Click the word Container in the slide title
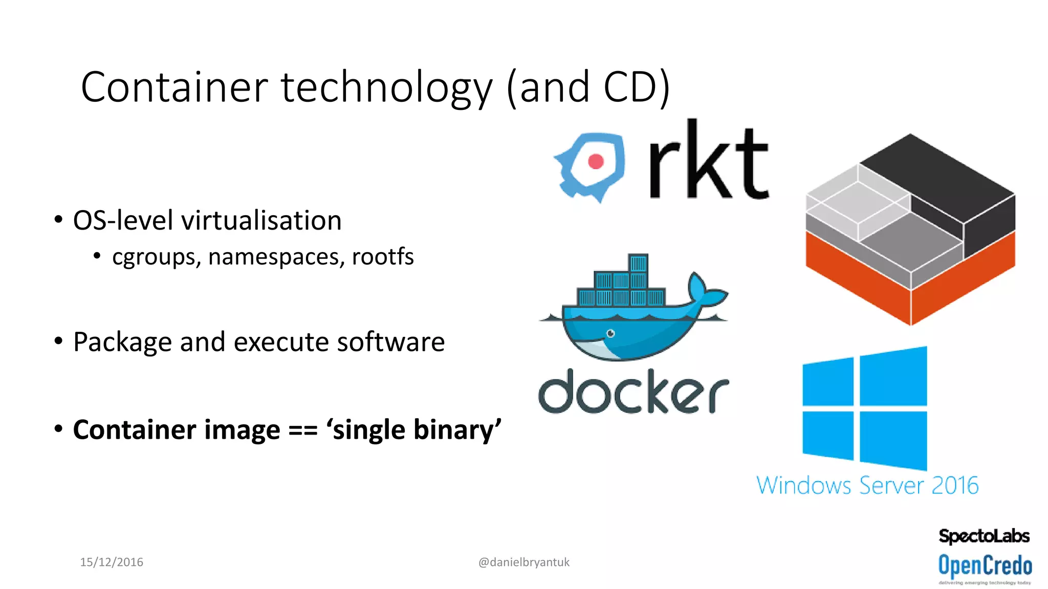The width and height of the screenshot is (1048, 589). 174,87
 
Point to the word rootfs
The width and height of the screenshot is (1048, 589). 383,256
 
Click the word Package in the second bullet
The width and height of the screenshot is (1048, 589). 122,342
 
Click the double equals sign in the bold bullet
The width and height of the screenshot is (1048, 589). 302,429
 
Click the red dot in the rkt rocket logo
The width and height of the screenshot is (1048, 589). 596,162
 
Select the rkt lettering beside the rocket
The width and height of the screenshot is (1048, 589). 708,161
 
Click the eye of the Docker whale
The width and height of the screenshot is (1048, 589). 610,334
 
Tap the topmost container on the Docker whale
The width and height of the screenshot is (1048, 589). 638,263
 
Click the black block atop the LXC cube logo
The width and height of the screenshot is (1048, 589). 936,184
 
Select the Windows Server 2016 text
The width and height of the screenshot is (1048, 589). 867,485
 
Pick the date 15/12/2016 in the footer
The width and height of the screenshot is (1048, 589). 112,562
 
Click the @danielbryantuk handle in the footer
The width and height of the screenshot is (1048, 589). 523,562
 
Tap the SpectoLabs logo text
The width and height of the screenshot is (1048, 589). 984,536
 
